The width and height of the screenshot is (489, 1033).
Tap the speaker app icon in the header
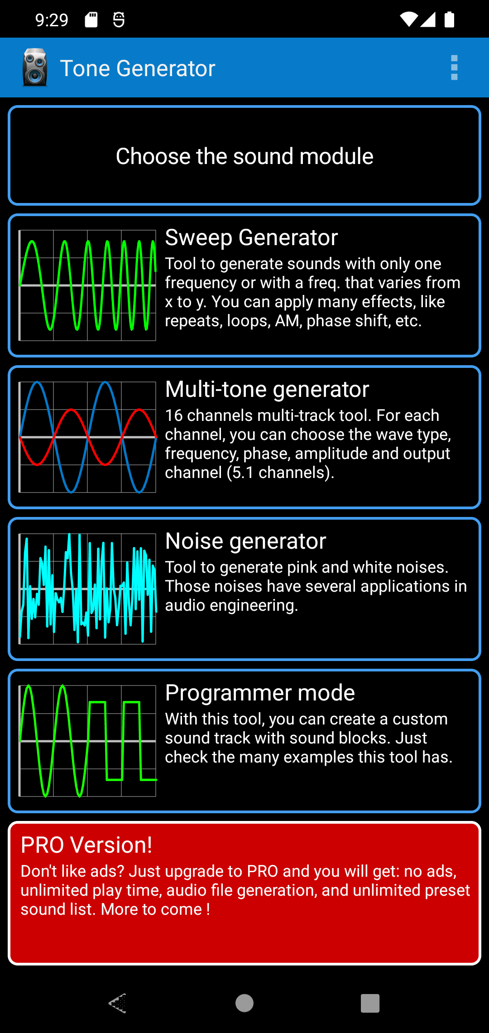point(35,68)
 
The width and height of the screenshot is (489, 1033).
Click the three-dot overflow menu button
point(454,68)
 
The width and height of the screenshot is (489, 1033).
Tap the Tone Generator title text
point(138,68)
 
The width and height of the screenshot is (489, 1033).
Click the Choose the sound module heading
point(244,156)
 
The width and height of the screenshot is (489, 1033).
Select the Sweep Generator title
point(251,237)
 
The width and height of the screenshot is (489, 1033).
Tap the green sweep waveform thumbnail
point(87,285)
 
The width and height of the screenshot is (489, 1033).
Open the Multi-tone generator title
point(267,389)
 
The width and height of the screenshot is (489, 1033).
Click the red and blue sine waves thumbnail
point(87,437)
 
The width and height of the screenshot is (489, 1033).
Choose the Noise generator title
point(245,541)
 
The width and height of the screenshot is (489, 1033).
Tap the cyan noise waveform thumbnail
point(87,589)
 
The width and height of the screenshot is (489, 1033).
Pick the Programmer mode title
point(260,693)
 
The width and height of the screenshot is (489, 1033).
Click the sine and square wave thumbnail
point(87,741)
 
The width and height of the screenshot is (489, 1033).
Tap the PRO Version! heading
point(86,845)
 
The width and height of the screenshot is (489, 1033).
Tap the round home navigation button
point(244,1003)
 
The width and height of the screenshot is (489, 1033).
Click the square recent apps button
point(370,1003)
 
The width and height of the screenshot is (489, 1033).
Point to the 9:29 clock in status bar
point(52,20)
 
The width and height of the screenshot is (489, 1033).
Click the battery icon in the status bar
point(449,19)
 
